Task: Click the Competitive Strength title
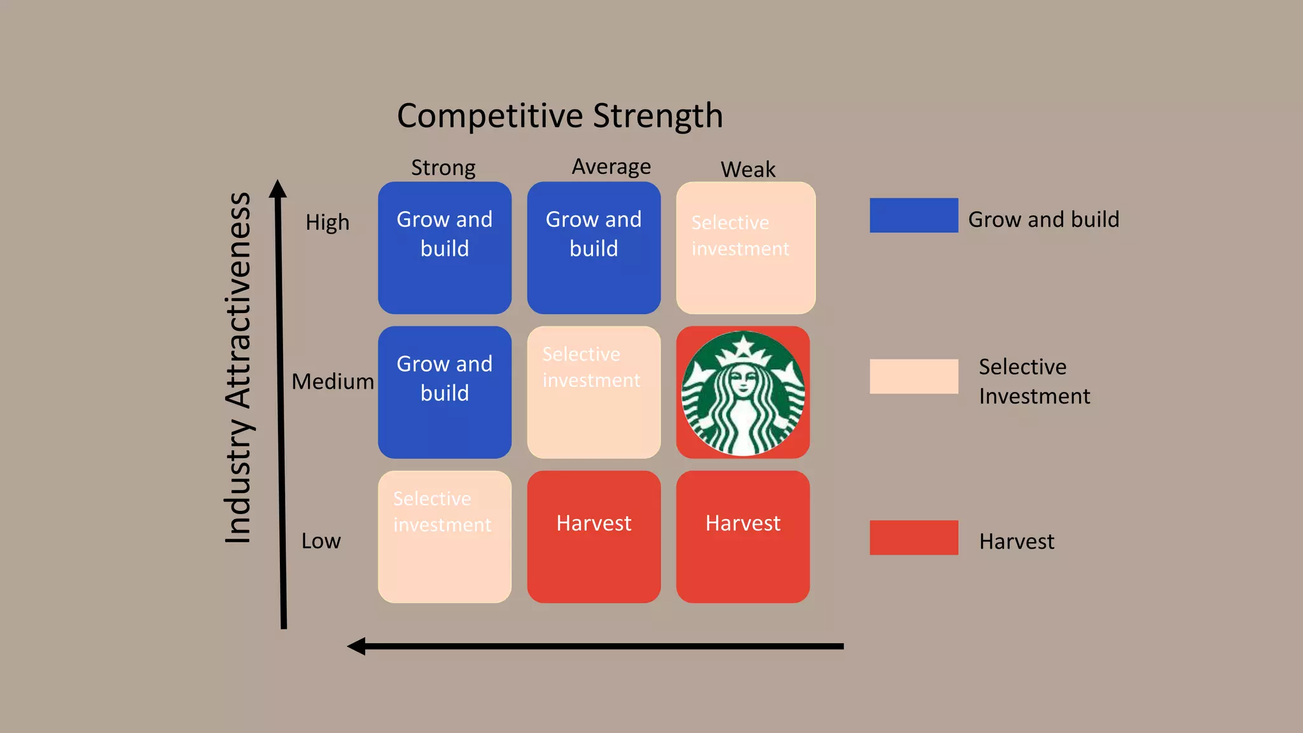560,116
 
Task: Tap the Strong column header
443,168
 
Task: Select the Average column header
611,167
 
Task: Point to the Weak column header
748,170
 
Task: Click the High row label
327,222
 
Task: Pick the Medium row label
333,381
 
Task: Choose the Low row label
321,541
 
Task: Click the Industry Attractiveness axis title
239,368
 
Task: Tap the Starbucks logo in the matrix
743,393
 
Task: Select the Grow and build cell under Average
594,248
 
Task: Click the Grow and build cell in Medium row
445,392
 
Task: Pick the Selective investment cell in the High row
746,248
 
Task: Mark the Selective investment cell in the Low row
445,536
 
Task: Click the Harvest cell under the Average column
594,536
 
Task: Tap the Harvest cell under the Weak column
743,536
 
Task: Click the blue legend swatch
914,215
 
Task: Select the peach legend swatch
914,376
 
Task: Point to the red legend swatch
914,538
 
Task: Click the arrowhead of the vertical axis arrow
277,188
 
